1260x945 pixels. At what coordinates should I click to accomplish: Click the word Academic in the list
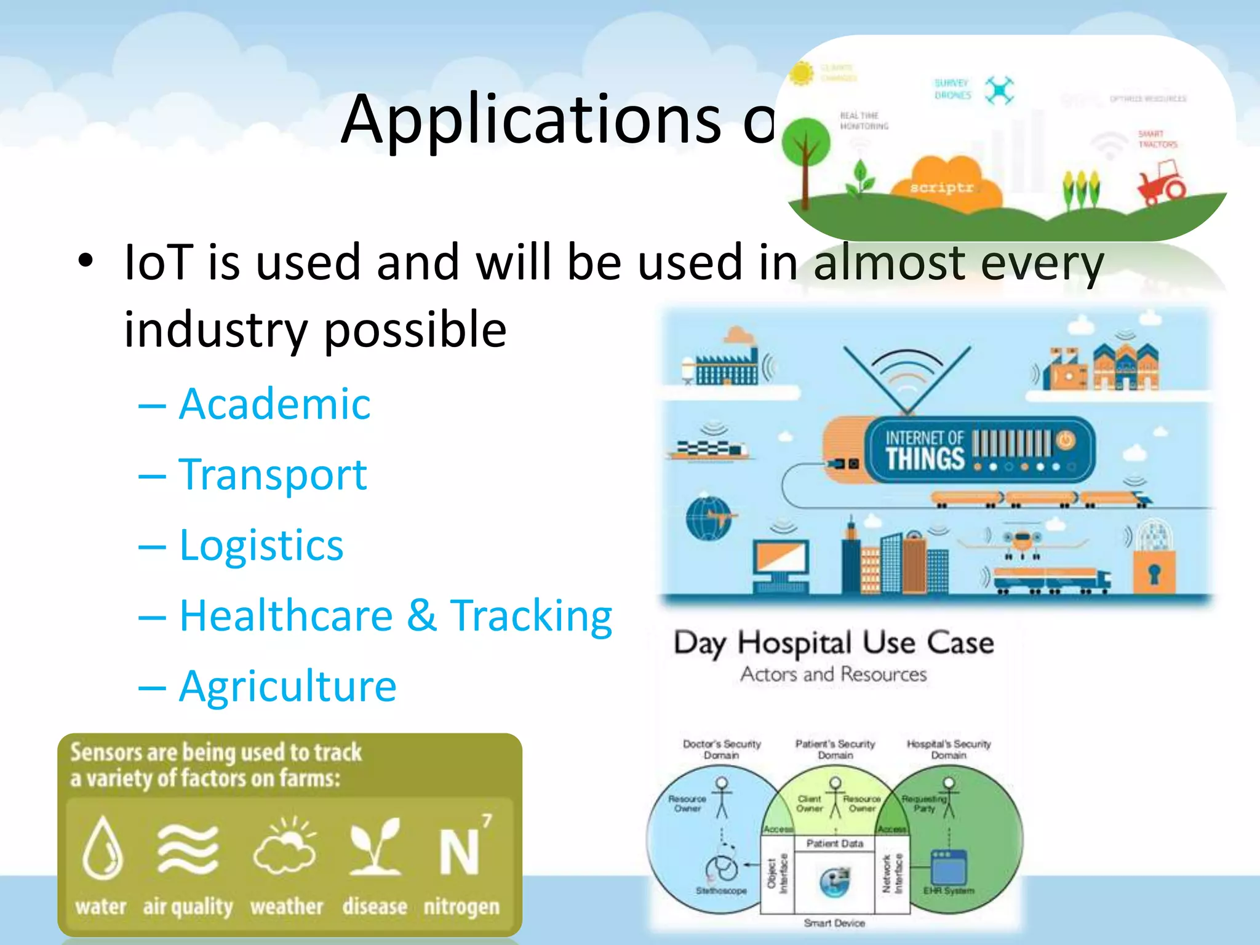[x=274, y=404]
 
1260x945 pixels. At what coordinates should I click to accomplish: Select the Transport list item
[x=273, y=475]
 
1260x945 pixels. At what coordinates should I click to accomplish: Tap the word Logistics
[x=261, y=545]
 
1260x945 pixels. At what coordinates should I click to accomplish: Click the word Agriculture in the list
[x=287, y=686]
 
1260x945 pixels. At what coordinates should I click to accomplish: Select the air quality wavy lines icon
[x=188, y=849]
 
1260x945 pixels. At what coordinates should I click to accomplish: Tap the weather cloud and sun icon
[x=285, y=846]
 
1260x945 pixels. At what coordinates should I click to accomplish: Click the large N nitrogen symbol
[x=459, y=852]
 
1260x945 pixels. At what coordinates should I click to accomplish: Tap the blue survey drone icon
[x=999, y=91]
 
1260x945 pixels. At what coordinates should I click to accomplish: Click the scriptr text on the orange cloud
[x=941, y=187]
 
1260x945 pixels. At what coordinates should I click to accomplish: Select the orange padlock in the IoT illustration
[x=1154, y=572]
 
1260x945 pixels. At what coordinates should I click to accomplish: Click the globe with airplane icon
[x=709, y=517]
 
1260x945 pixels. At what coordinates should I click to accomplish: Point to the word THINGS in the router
[x=925, y=459]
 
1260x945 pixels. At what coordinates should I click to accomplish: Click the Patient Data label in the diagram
[x=834, y=843]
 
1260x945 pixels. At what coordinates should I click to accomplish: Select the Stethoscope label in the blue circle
[x=720, y=891]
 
